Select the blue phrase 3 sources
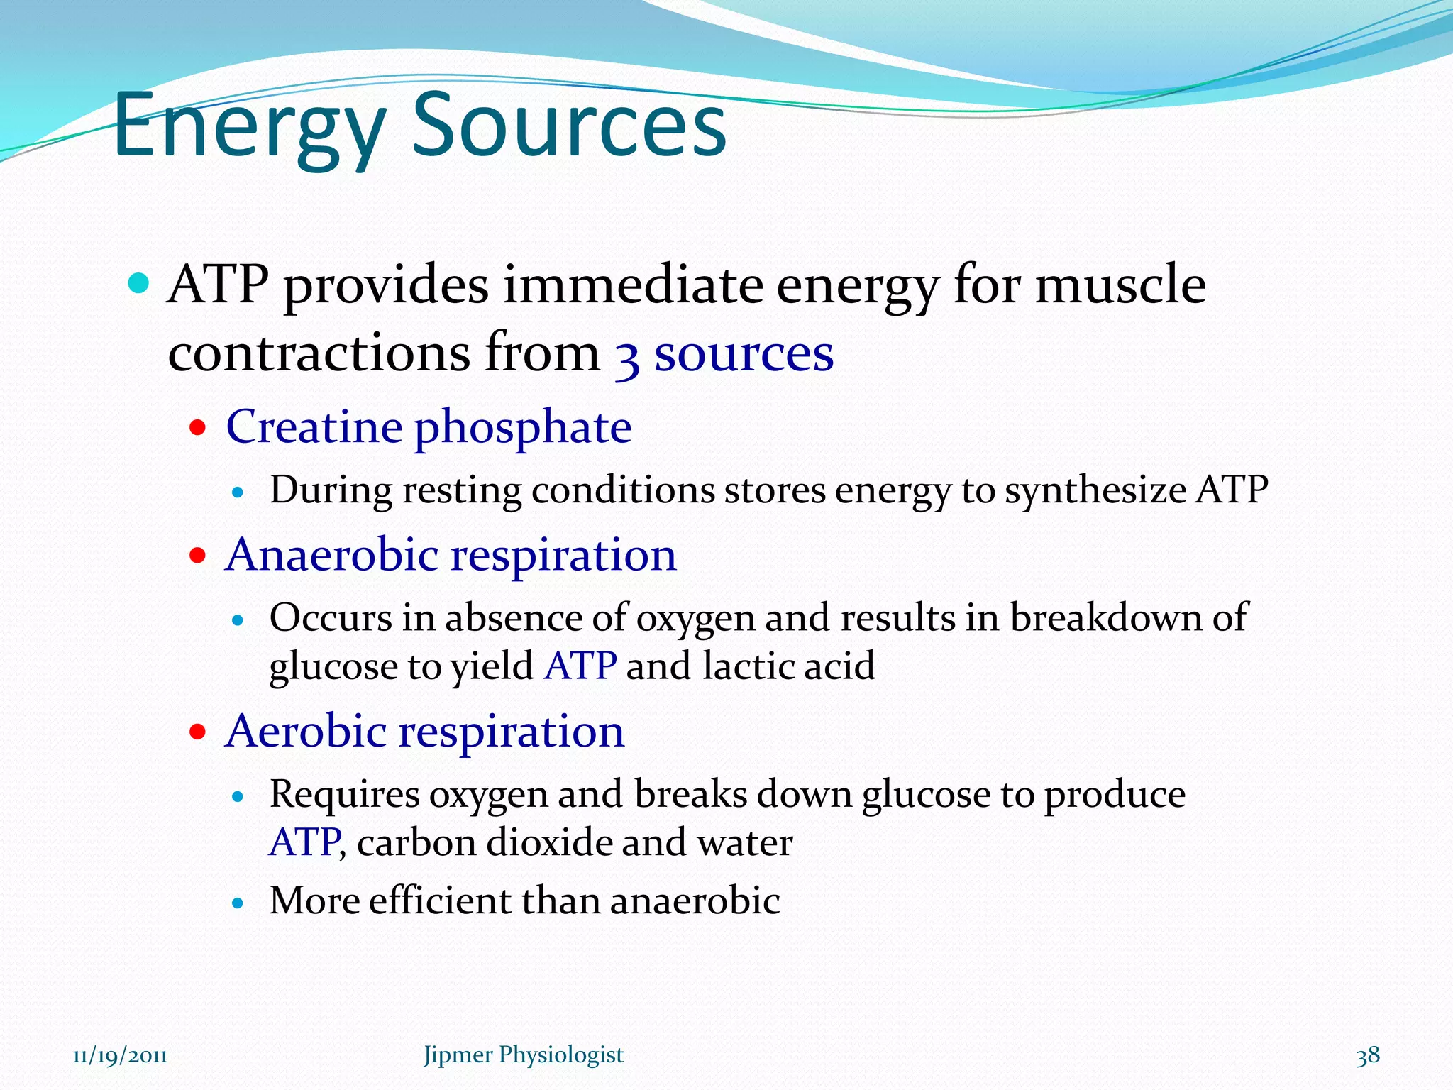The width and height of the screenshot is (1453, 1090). (x=724, y=354)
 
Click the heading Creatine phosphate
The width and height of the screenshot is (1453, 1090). (x=429, y=427)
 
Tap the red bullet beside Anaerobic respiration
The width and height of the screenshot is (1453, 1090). (x=197, y=556)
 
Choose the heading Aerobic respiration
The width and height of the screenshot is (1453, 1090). (x=424, y=731)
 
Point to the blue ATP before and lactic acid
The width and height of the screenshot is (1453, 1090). (x=580, y=666)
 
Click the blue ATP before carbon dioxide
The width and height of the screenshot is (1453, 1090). (x=304, y=843)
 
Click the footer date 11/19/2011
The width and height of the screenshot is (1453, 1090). (x=120, y=1055)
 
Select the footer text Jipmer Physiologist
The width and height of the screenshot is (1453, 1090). (x=523, y=1055)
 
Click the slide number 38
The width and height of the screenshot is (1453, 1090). (x=1367, y=1055)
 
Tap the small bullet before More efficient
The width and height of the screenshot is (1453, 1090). (x=238, y=903)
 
